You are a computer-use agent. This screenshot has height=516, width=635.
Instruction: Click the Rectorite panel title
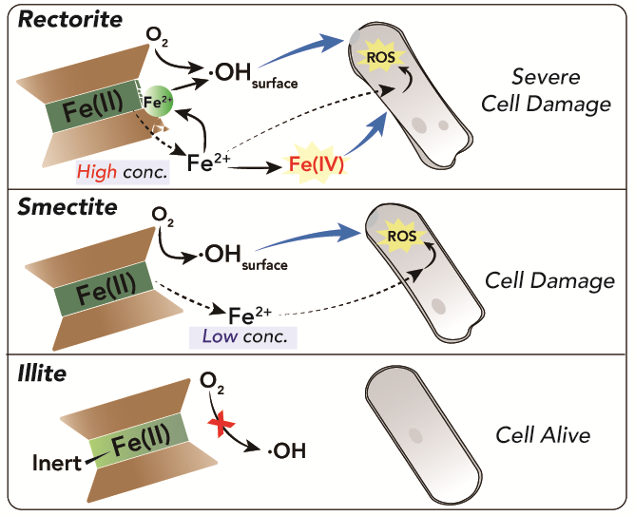point(61,18)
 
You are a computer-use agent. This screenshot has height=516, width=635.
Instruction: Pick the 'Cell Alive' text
point(543,435)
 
